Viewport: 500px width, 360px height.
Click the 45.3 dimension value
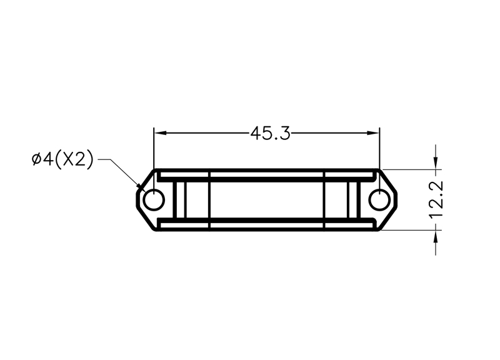tap(271, 133)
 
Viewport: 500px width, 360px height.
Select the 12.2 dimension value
tap(436, 199)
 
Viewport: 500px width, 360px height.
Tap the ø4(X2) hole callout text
tap(63, 159)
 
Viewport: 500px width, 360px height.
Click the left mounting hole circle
tap(154, 200)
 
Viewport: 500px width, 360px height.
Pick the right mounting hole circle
tap(379, 200)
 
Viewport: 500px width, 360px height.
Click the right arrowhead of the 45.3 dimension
tap(373, 133)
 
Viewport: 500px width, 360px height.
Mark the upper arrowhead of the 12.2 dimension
tap(436, 163)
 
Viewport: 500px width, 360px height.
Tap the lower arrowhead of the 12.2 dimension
tap(436, 236)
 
